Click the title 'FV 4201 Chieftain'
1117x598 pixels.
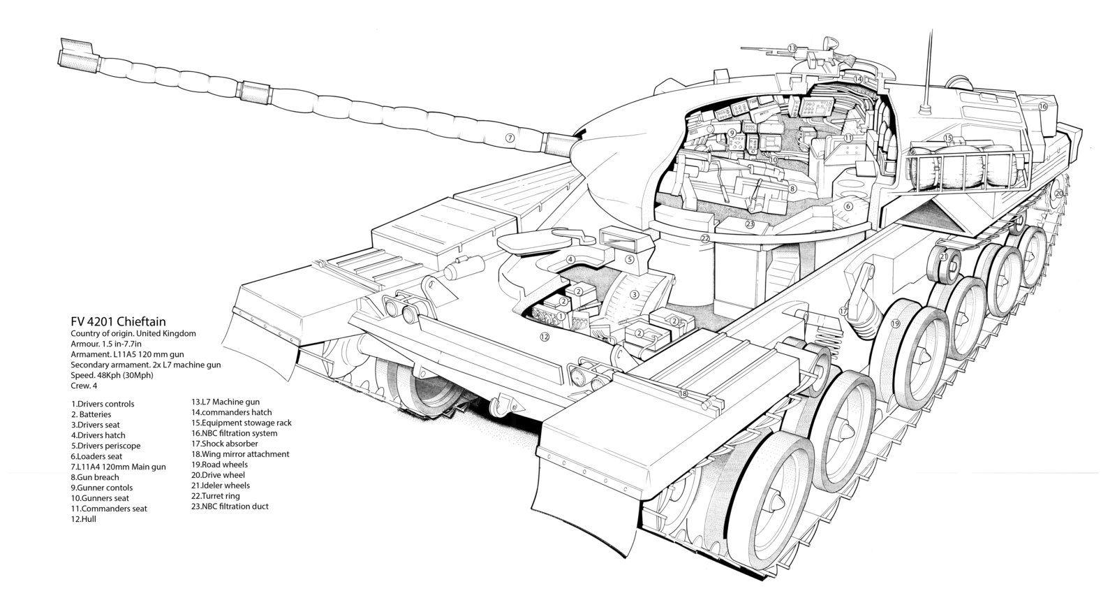118,321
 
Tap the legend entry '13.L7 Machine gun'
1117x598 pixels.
225,402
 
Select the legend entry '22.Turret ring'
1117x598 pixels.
216,496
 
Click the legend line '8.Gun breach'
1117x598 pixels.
95,477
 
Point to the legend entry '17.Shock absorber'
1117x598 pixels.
225,443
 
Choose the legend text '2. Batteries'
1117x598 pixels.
91,414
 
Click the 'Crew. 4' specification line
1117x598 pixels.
84,386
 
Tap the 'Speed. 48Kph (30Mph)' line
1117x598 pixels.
112,375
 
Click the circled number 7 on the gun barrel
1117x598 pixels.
510,138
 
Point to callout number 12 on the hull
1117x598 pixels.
545,337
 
